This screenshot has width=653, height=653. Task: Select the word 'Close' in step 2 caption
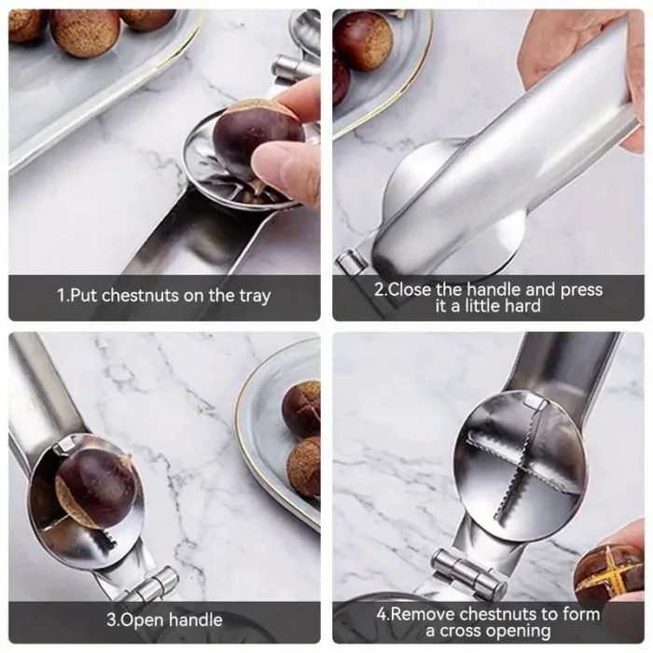coord(410,289)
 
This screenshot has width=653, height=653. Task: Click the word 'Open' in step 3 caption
coord(142,619)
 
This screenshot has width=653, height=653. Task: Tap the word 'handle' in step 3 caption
coord(195,619)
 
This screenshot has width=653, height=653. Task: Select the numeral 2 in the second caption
coord(379,289)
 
